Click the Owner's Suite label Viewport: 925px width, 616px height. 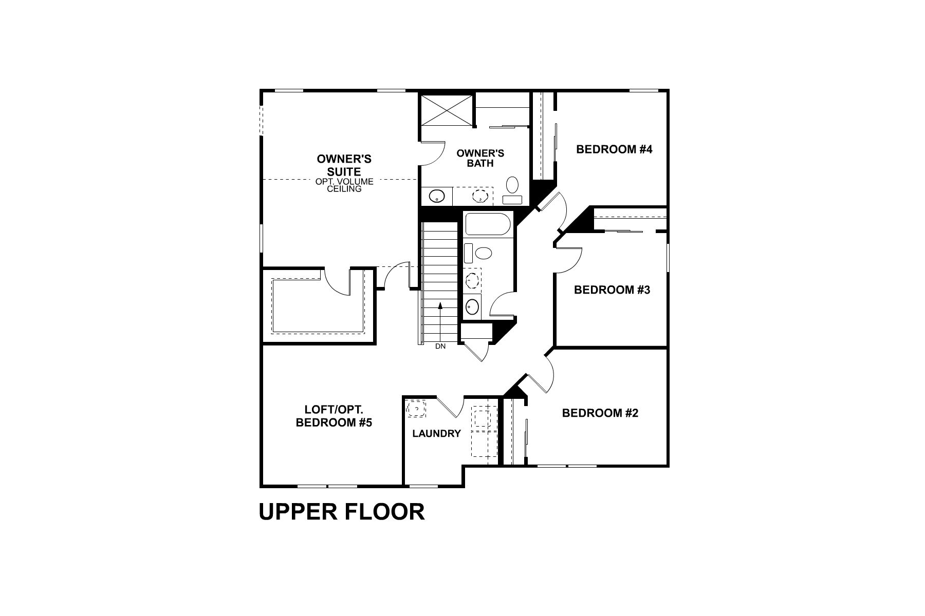344,165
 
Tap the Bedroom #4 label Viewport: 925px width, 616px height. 614,149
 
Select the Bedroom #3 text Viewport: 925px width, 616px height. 612,290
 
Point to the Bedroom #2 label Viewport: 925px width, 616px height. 600,413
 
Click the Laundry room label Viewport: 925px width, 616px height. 436,434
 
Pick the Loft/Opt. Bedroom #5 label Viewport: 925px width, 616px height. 334,416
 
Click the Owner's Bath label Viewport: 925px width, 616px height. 480,158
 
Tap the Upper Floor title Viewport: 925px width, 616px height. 342,512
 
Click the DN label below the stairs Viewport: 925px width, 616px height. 440,346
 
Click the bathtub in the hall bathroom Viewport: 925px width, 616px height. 488,225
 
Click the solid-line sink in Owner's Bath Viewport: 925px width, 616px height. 437,196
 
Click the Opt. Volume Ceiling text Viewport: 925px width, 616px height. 344,185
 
